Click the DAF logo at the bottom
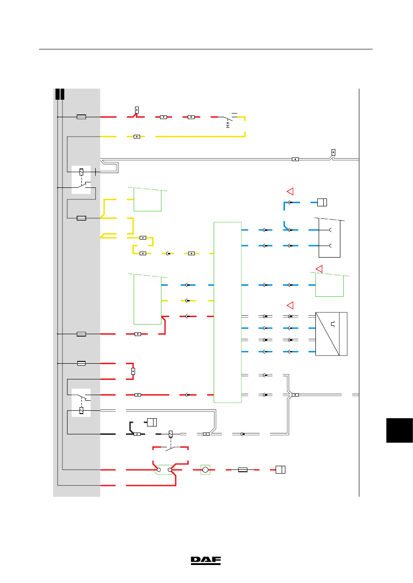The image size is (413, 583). (206, 561)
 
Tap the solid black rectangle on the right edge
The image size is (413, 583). (400, 430)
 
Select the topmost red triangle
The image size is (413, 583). (290, 191)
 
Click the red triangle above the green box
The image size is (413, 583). (319, 269)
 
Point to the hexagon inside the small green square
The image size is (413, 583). (205, 470)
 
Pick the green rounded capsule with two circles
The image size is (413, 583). (164, 470)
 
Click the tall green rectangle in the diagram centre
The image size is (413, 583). (228, 313)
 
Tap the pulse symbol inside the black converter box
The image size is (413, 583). (333, 325)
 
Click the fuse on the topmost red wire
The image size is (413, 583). (81, 117)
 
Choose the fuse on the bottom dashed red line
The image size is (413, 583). (243, 470)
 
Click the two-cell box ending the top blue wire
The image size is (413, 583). (322, 202)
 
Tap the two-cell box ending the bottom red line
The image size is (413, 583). (281, 470)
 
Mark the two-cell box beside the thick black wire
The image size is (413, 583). (152, 422)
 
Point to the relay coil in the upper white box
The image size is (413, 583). (81, 172)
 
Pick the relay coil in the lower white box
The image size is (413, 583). (81, 410)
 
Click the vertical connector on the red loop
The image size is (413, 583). (133, 372)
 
